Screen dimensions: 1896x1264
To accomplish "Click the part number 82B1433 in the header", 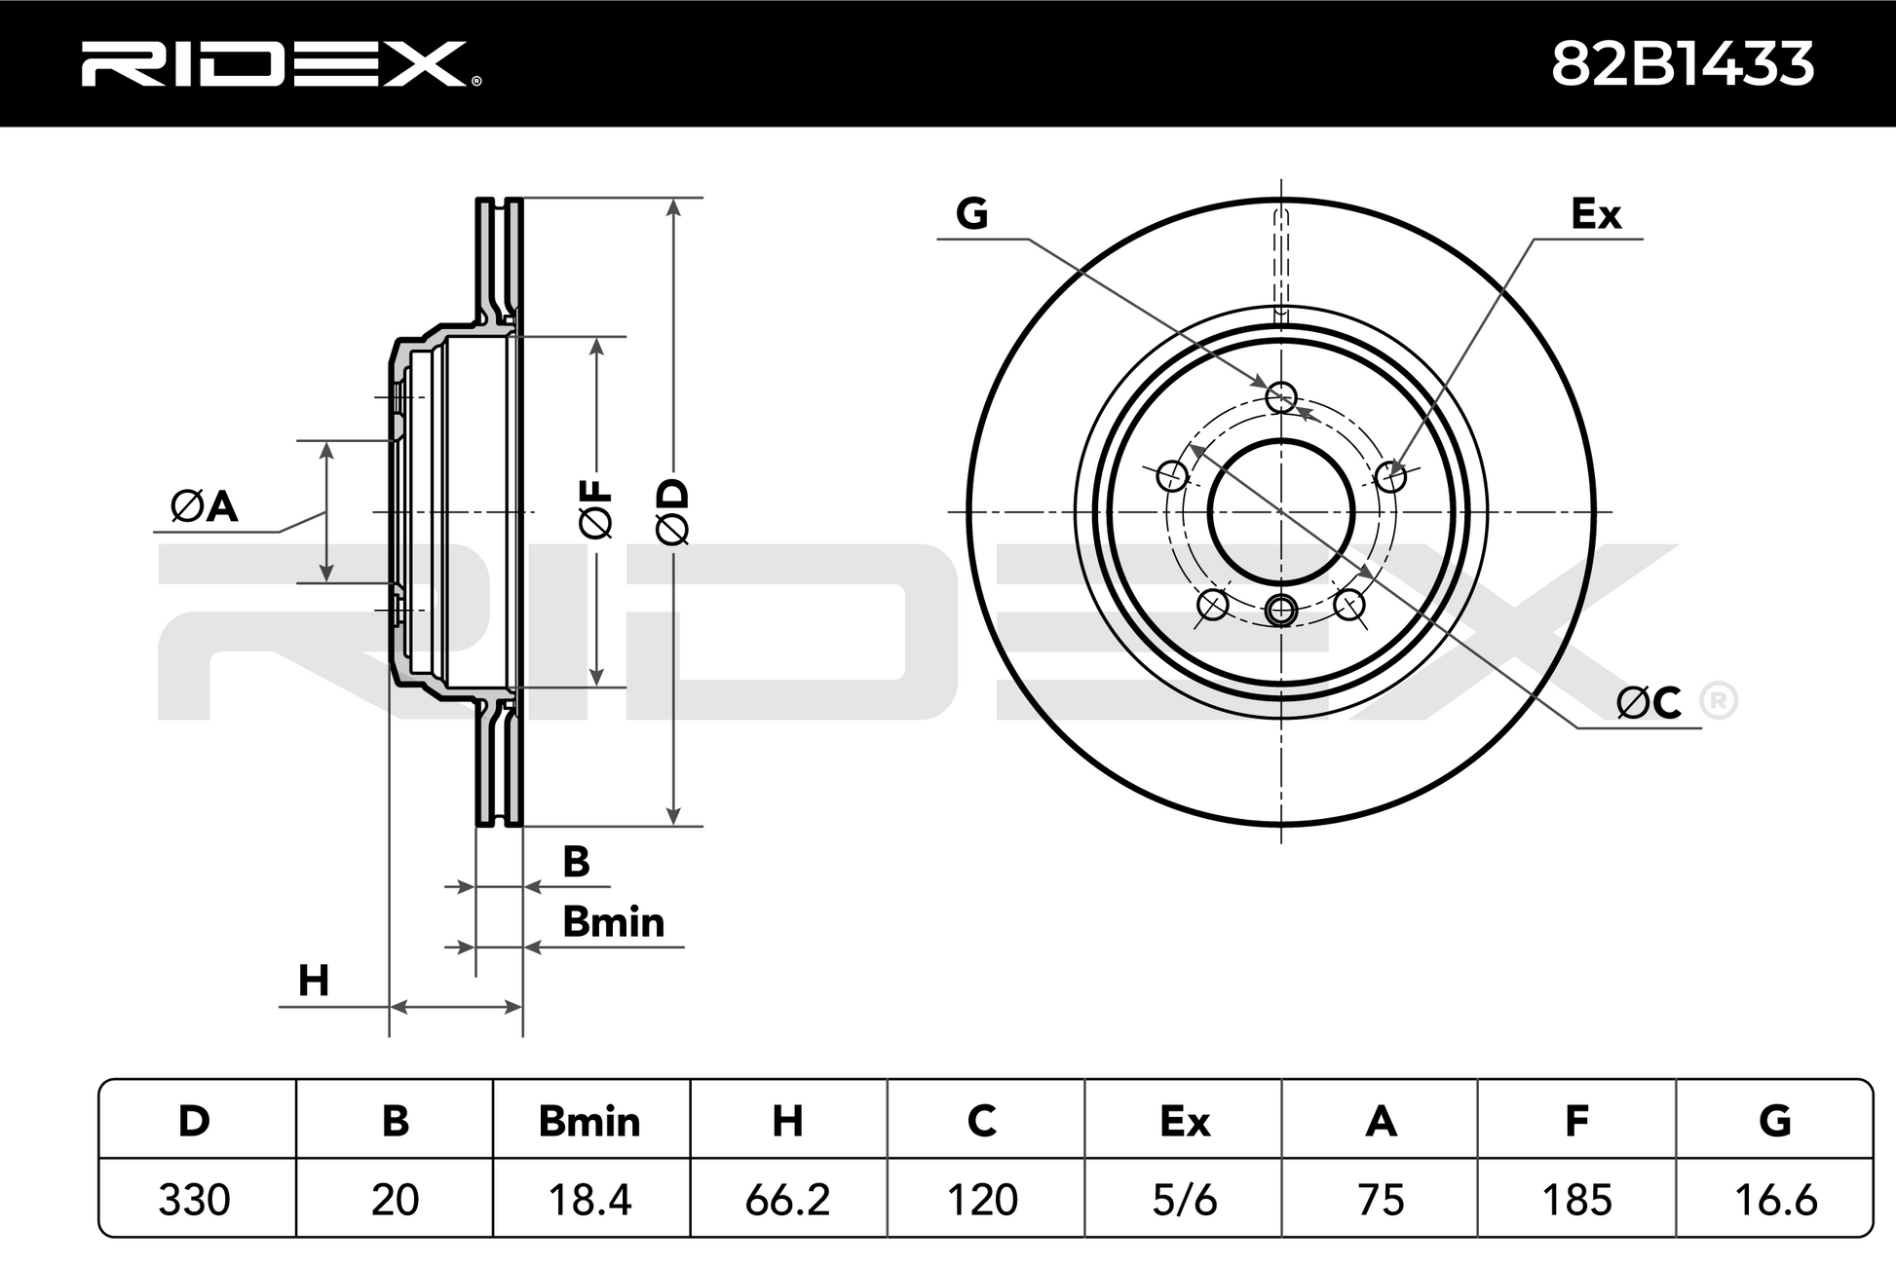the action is point(1682,64).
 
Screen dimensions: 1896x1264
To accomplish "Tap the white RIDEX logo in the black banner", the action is point(281,64).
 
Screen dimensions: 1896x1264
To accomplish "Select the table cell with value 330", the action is point(194,1200).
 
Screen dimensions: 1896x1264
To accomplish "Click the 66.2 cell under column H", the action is point(787,1200).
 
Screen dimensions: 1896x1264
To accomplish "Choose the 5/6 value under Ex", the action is point(1184,1200).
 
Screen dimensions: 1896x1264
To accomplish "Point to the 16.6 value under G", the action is point(1775,1200).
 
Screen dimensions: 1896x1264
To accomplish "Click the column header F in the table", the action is point(1576,1121).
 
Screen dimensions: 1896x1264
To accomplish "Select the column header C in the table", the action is point(982,1121).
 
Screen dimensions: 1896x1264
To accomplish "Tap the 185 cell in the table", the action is point(1576,1200).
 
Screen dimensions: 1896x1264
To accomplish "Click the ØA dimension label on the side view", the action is point(205,506).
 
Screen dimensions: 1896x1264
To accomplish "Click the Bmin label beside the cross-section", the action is point(614,922).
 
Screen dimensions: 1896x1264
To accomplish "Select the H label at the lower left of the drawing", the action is point(313,981).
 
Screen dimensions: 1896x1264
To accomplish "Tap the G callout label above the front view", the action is point(971,212).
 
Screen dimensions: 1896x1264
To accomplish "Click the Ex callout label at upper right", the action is point(1596,214).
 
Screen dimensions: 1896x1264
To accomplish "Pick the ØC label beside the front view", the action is point(1649,701).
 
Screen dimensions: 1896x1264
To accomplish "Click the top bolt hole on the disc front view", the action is point(1281,396).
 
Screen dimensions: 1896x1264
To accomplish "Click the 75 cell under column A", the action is point(1381,1200).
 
